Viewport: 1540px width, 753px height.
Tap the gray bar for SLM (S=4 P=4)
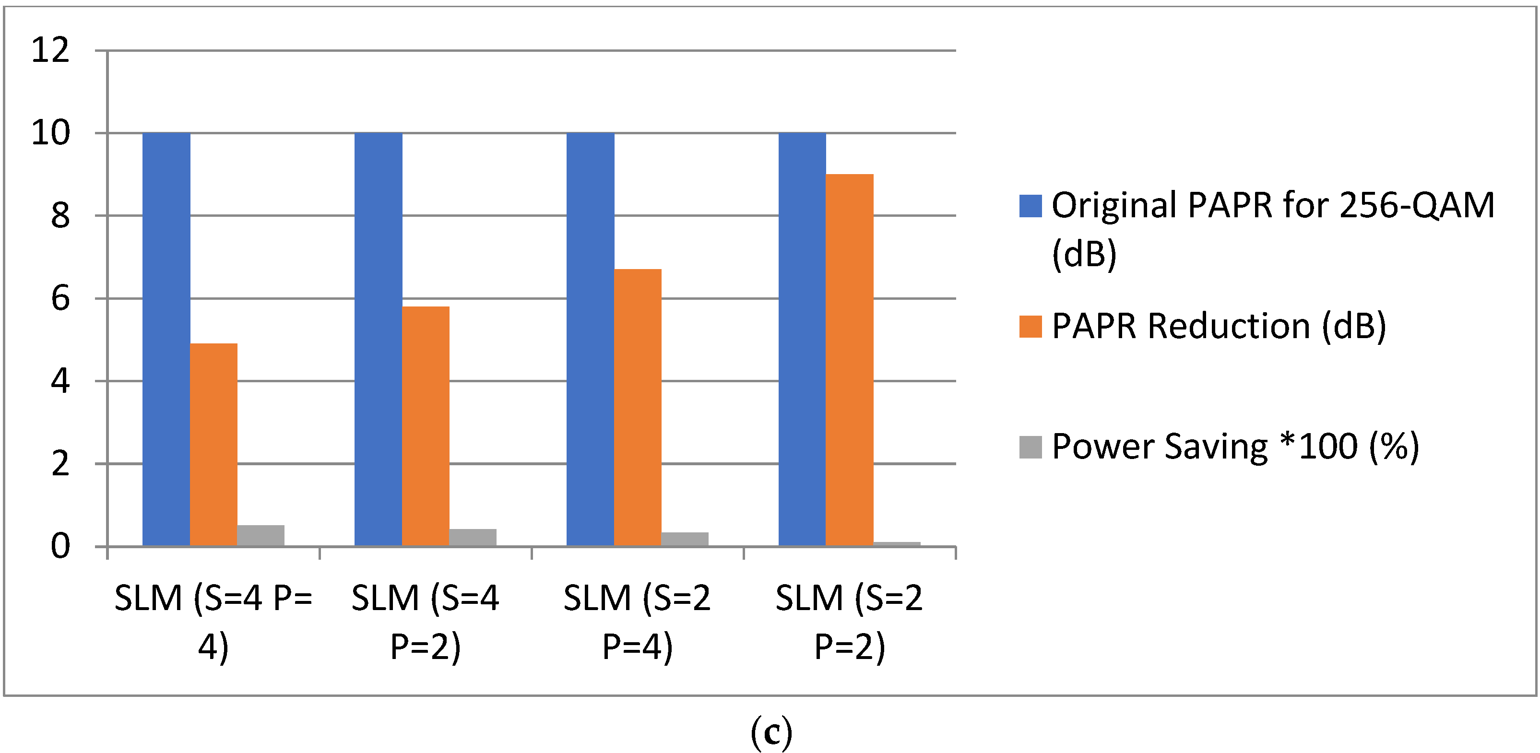pos(261,535)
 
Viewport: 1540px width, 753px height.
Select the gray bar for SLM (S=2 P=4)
pos(685,539)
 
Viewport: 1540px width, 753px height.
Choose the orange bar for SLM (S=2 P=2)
pos(850,360)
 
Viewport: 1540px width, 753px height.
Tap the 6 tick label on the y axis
pos(60,298)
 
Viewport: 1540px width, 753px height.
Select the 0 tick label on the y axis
pos(60,546)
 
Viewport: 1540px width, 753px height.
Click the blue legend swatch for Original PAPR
pos(1030,206)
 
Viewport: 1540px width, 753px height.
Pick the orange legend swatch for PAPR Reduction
pos(1030,326)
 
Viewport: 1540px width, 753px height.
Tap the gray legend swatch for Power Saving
pos(1030,447)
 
